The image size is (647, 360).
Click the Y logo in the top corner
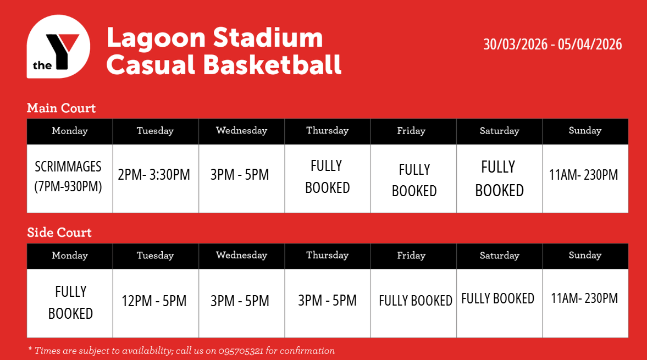pyautogui.click(x=58, y=47)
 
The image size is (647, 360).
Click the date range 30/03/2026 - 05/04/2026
pyautogui.click(x=552, y=44)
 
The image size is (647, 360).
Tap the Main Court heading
pyautogui.click(x=61, y=108)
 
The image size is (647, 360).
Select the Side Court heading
pyautogui.click(x=59, y=232)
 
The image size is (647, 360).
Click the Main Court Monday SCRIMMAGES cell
pyautogui.click(x=68, y=176)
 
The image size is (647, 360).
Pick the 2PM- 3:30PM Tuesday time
pyautogui.click(x=154, y=174)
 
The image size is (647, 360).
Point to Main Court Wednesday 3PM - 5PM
pyautogui.click(x=240, y=174)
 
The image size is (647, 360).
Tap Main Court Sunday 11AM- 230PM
pyautogui.click(x=583, y=174)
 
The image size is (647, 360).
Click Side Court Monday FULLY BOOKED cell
pyautogui.click(x=70, y=303)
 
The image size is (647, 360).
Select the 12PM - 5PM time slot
pyautogui.click(x=154, y=301)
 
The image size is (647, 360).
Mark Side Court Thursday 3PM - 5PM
pyautogui.click(x=327, y=300)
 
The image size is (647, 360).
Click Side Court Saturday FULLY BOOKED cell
pyautogui.click(x=497, y=298)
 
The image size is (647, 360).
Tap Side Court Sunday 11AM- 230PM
pyautogui.click(x=584, y=298)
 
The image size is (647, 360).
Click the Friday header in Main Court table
pyautogui.click(x=411, y=131)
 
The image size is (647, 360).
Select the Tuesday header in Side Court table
pyautogui.click(x=155, y=255)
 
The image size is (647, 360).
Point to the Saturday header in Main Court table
pyautogui.click(x=499, y=131)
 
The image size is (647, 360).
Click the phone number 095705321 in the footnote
pyautogui.click(x=241, y=351)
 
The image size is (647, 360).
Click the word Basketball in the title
pyautogui.click(x=272, y=65)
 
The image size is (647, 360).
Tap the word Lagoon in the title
pyautogui.click(x=156, y=38)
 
